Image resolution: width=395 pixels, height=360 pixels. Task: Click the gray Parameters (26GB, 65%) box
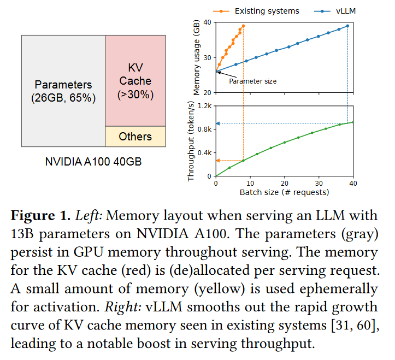coord(63,91)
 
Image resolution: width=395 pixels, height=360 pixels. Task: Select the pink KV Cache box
coord(135,81)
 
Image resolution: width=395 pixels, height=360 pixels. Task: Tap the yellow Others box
coord(135,137)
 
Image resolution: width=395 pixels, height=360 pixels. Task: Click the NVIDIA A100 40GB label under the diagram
coord(93,162)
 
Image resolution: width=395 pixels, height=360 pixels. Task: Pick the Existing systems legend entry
coord(256,11)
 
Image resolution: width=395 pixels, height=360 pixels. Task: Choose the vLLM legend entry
coord(335,11)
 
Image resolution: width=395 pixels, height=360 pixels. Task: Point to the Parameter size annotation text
coord(252,81)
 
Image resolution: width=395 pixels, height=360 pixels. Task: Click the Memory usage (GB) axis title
coord(197,57)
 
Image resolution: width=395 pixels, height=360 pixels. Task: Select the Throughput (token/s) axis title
coord(191,141)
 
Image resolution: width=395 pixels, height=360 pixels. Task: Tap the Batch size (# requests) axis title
coord(285,192)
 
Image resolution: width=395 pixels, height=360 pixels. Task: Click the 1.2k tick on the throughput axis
coord(204,106)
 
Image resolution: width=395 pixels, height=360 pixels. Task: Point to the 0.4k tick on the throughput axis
coord(204,153)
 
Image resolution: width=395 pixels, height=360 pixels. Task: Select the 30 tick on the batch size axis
coord(319,184)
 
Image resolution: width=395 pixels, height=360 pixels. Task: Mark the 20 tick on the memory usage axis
coord(207,93)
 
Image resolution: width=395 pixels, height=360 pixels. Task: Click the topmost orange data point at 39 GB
coord(243,26)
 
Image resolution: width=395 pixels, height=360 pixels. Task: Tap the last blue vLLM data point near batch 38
coord(347,26)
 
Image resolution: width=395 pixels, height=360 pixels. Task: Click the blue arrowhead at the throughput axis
coord(218,123)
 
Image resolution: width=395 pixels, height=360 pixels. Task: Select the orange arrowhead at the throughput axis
coord(218,161)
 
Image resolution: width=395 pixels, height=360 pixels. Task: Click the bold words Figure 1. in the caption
coord(40,216)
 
